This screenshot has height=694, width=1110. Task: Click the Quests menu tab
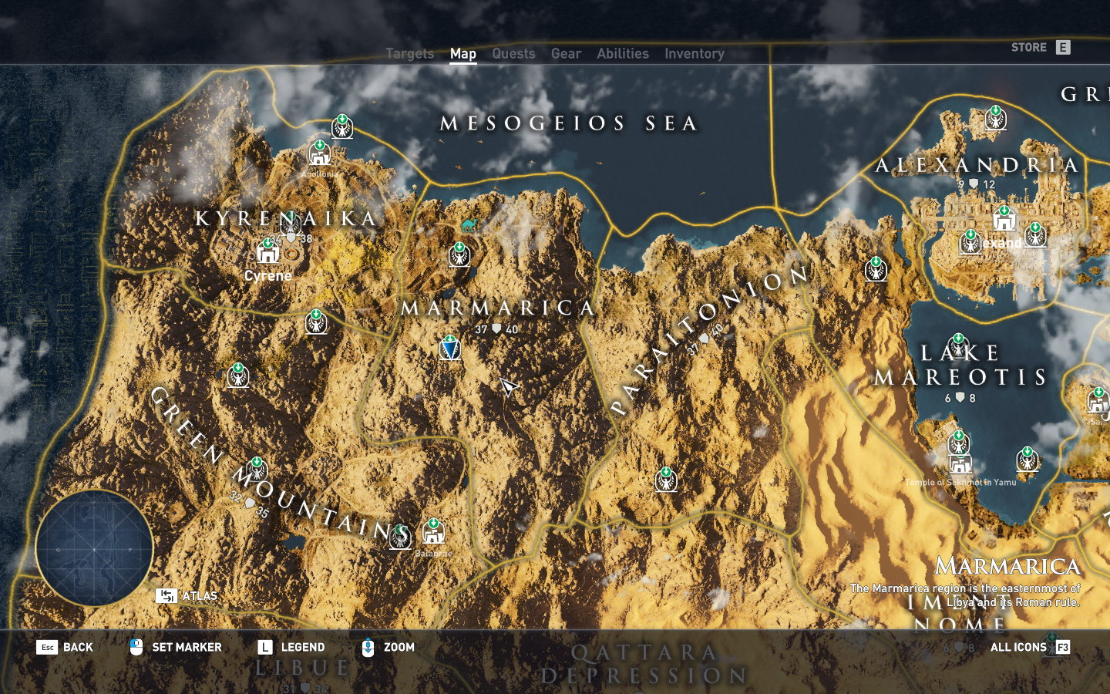click(x=513, y=53)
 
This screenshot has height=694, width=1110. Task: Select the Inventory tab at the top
click(x=694, y=53)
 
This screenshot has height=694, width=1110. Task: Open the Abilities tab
click(x=622, y=53)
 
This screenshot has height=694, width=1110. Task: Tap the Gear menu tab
click(x=566, y=53)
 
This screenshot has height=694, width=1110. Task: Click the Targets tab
click(x=409, y=53)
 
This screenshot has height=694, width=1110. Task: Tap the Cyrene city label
click(x=267, y=275)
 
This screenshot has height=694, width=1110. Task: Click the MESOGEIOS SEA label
click(x=569, y=123)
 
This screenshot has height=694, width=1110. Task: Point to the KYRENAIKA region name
click(x=286, y=218)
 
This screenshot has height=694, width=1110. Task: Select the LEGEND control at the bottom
click(x=291, y=647)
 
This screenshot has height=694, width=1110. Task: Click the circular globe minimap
click(x=94, y=548)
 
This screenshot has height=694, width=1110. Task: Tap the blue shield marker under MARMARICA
click(x=450, y=349)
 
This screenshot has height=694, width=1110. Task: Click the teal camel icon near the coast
click(x=468, y=225)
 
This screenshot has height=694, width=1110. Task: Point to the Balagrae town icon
click(x=433, y=532)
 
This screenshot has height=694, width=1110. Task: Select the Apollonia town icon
click(x=319, y=153)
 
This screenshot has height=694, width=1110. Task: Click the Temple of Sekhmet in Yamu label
click(x=960, y=482)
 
